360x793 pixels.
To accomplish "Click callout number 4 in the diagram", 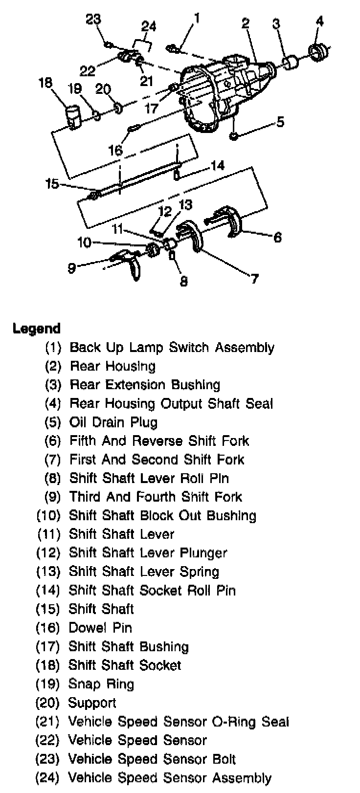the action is coord(319,21).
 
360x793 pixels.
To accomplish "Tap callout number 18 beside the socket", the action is coord(45,83).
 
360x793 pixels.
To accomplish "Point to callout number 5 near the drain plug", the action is coord(280,121).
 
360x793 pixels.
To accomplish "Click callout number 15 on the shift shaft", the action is coord(52,184).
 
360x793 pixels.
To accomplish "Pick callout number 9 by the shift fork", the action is coord(72,268).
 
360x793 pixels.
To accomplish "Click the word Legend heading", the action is coord(37,329).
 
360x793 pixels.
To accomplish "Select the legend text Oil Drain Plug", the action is coord(113,422).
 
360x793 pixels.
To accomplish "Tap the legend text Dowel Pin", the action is coord(100,628).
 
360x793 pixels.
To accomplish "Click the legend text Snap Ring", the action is coord(101,684).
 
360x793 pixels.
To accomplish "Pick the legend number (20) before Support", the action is coord(47,703).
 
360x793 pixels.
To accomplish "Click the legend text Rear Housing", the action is coord(112,366).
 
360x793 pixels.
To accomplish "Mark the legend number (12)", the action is coord(48,553).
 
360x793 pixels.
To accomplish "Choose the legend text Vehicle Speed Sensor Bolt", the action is coord(152,759).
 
